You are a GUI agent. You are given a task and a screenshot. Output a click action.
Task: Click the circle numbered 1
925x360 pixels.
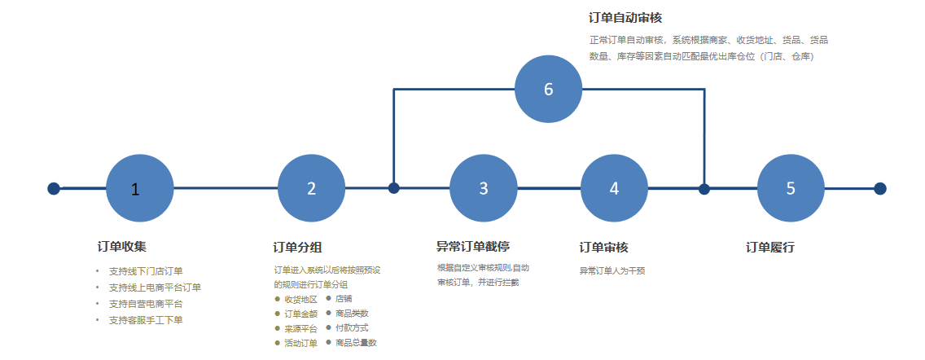click(140, 188)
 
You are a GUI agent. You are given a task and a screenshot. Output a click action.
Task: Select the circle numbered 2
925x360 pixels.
click(312, 188)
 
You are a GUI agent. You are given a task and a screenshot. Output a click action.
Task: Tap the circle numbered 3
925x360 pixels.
click(484, 188)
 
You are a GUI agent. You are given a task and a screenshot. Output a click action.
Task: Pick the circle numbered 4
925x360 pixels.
click(615, 188)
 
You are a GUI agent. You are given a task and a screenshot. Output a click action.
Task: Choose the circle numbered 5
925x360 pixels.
click(791, 188)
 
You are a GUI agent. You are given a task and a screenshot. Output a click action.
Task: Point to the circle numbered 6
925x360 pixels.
click(549, 89)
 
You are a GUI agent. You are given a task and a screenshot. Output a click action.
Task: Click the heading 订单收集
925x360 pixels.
click(121, 247)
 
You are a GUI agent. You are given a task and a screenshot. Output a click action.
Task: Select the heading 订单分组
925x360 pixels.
click(297, 248)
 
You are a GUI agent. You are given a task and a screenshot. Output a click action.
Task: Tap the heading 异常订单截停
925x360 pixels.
click(472, 246)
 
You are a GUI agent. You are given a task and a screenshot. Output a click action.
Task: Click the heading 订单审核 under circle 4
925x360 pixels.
click(603, 248)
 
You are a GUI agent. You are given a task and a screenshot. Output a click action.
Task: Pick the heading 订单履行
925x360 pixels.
click(769, 248)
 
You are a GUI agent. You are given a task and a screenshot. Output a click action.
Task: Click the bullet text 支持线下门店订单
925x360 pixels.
click(146, 271)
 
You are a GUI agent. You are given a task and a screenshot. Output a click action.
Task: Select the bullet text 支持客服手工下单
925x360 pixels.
click(146, 320)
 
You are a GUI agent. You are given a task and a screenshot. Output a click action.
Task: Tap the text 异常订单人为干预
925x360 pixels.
click(612, 271)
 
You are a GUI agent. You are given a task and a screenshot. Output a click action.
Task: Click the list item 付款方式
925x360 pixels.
click(352, 327)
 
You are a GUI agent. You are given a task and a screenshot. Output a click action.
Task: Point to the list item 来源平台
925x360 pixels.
click(300, 329)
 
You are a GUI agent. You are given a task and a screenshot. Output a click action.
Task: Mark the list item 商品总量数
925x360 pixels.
click(356, 342)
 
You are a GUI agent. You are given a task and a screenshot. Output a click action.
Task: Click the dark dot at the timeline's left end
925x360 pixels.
click(54, 188)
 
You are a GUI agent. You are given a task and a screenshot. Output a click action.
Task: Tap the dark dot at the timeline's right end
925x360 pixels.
click(880, 188)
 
